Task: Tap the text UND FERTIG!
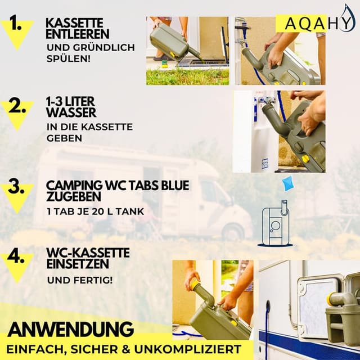79,280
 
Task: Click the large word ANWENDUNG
70,328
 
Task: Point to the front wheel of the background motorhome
231,231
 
